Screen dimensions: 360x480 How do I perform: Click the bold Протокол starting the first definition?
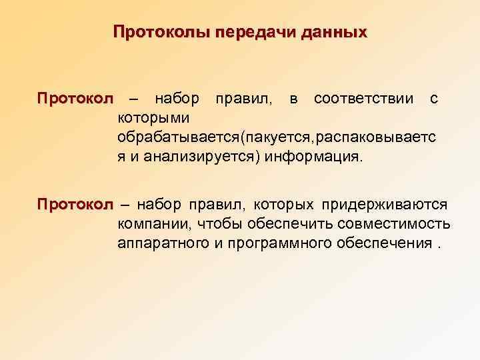tap(76, 99)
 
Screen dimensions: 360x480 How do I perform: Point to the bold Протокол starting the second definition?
tap(76, 203)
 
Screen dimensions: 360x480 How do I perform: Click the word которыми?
tap(153, 119)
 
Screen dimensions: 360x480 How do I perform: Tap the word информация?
tap(314, 158)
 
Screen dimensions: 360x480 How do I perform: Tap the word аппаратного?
tap(163, 242)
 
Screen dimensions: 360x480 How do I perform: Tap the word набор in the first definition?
tap(177, 99)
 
